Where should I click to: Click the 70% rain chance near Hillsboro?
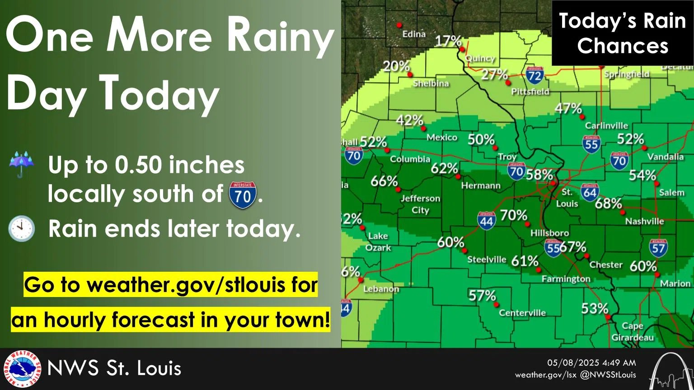point(514,215)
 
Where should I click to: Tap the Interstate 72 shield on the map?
point(535,75)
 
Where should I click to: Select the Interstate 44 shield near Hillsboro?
point(486,221)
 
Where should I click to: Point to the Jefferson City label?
point(420,204)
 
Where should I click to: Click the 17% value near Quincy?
point(448,41)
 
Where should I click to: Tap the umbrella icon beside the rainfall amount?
point(21,164)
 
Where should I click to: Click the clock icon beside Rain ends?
point(21,228)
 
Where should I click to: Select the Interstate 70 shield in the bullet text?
point(243,195)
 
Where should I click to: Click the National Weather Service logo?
point(22,369)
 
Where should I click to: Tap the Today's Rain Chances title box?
point(622,33)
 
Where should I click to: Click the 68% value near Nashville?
point(608,204)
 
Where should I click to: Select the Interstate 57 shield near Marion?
point(658,247)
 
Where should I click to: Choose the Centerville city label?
point(522,313)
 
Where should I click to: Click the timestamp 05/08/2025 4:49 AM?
point(591,362)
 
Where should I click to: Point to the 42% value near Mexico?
point(409,120)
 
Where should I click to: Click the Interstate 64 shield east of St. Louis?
point(590,192)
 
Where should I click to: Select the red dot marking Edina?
point(399,25)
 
